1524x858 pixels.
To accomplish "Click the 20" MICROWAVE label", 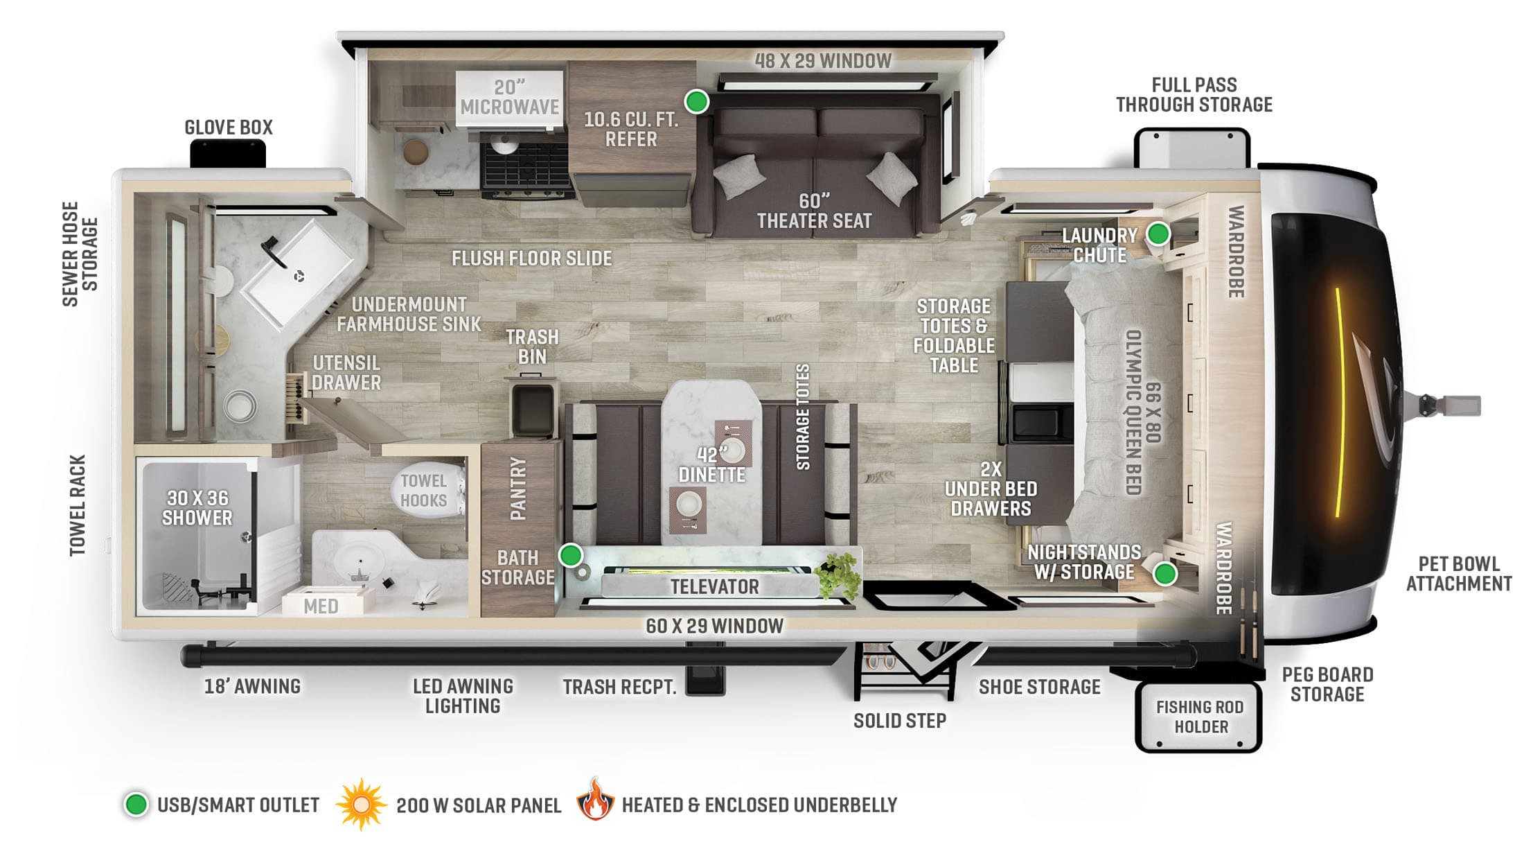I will [x=509, y=98].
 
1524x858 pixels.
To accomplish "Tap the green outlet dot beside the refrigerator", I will [x=696, y=101].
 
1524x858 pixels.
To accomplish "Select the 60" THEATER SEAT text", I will [x=814, y=211].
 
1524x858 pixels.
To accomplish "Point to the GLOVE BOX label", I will [x=229, y=128].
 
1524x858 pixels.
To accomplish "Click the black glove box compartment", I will [x=228, y=153].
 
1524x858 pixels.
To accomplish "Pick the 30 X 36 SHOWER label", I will [x=197, y=508].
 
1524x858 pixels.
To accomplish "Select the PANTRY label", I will [x=518, y=489].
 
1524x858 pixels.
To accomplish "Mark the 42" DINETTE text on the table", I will [x=711, y=465].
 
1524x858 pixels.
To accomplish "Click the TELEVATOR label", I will [x=714, y=587].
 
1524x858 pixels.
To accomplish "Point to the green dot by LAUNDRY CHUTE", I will [x=1158, y=234].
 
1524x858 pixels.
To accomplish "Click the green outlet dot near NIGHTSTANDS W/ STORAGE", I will [x=1165, y=574].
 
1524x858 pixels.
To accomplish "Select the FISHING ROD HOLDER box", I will [x=1199, y=717].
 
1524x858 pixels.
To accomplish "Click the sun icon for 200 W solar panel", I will [x=360, y=805].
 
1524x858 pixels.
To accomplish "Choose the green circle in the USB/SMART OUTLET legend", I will [x=136, y=805].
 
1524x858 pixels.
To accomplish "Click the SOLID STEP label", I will [x=899, y=721].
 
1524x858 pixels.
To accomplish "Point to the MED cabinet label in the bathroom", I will [x=321, y=606].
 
